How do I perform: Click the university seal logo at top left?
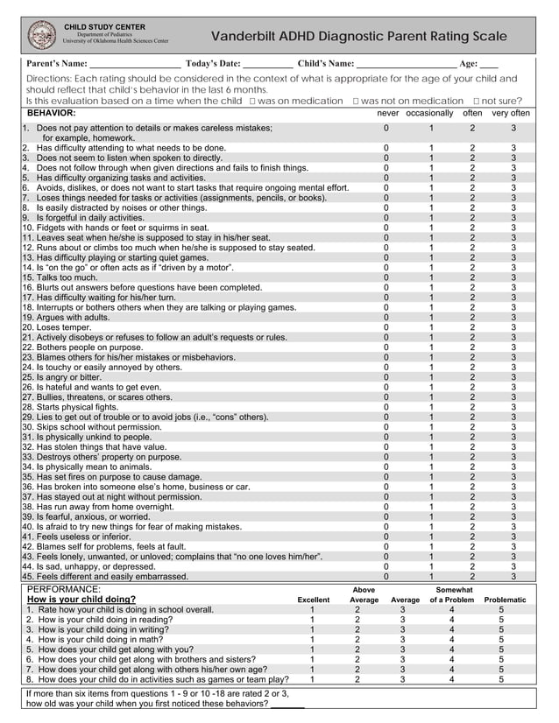[x=40, y=35]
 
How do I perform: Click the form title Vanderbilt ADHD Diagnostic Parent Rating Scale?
[x=358, y=36]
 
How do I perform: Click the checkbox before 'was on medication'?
[x=251, y=102]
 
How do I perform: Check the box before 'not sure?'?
[x=477, y=102]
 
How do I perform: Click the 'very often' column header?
[x=511, y=114]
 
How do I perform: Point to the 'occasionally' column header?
[x=429, y=114]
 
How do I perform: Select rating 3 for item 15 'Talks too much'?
[x=514, y=277]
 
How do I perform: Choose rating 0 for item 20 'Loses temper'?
[x=386, y=326]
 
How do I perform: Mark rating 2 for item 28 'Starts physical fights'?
[x=472, y=407]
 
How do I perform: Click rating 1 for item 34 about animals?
[x=431, y=467]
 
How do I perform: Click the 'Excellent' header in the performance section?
[x=313, y=600]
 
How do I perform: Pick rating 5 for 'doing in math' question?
[x=501, y=639]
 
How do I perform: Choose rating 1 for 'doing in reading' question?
[x=313, y=619]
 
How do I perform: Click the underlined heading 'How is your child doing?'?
[x=81, y=600]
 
